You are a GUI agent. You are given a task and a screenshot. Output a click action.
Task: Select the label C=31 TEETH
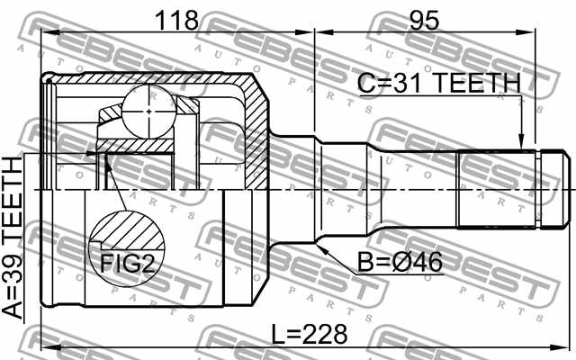click(439, 83)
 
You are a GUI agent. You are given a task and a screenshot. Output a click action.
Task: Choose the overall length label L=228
click(310, 334)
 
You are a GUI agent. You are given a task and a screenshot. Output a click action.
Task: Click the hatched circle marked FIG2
click(127, 249)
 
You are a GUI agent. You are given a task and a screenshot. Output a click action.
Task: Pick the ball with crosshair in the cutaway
click(146, 111)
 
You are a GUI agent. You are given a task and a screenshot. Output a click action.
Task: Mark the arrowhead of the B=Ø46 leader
click(320, 244)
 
